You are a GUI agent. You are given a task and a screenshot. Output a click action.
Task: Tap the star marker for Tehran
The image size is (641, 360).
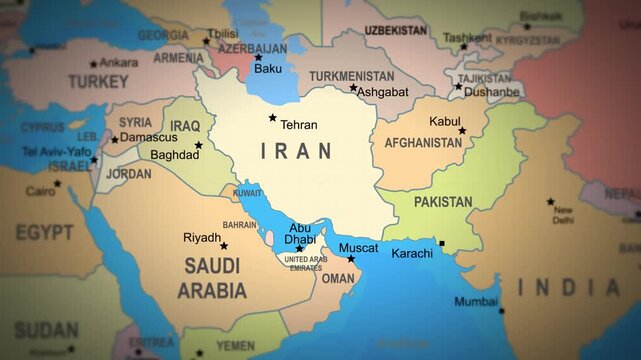[x=272, y=118]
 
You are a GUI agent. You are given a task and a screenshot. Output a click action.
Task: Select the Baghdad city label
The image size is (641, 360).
[x=174, y=155]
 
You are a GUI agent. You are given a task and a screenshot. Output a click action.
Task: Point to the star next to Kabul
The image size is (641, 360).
[x=462, y=131]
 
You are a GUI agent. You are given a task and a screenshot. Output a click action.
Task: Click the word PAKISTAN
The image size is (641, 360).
[x=443, y=202]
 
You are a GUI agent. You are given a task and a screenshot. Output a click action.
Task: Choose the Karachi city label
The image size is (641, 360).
[x=412, y=253]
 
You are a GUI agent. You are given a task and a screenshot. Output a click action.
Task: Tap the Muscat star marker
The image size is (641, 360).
[x=351, y=259]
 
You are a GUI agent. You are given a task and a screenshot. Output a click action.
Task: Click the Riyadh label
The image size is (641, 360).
[x=201, y=238]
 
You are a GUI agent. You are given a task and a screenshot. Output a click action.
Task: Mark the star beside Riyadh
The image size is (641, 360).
[x=224, y=245]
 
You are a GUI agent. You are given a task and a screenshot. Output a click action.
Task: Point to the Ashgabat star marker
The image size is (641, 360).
[x=353, y=88]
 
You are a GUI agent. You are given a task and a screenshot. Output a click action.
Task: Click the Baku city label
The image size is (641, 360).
[x=268, y=69]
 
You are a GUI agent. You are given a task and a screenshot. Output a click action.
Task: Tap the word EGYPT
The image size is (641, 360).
[x=44, y=232]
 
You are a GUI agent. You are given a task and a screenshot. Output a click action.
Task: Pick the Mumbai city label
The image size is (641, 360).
[x=476, y=301]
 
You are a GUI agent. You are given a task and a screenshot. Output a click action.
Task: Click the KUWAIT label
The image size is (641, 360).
[x=247, y=193]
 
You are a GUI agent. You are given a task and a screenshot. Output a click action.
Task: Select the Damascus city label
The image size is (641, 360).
[x=148, y=136]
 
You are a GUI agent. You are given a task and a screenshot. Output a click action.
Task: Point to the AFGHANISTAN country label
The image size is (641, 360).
[x=423, y=143]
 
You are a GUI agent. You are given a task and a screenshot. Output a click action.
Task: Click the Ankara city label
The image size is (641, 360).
[x=119, y=62]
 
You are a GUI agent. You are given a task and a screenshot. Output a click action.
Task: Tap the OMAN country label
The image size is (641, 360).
[x=337, y=279]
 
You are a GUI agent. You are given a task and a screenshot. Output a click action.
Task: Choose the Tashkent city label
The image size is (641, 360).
[x=467, y=38]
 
